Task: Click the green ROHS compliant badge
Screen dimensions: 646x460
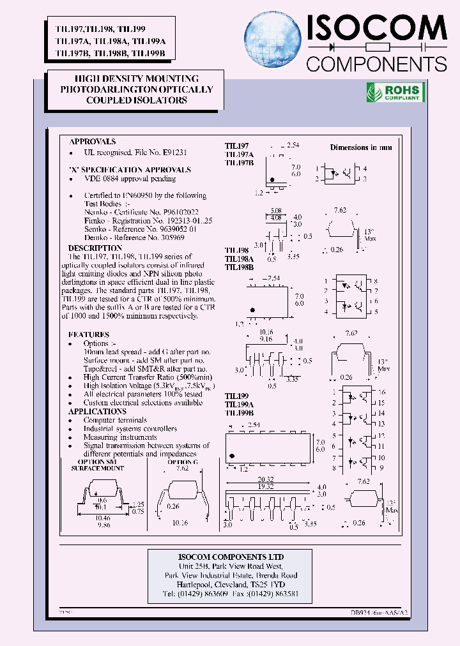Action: (x=393, y=93)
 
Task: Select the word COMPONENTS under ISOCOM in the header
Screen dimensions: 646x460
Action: (x=377, y=64)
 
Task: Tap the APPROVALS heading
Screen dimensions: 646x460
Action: (x=93, y=142)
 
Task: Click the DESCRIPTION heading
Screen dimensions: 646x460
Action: (x=95, y=248)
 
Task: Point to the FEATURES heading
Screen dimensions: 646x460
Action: (x=89, y=334)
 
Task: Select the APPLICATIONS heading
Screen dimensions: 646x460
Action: (x=97, y=412)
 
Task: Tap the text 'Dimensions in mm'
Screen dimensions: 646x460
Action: (x=361, y=147)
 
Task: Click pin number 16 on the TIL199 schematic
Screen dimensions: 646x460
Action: (x=381, y=392)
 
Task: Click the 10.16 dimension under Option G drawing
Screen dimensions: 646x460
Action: (x=181, y=522)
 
